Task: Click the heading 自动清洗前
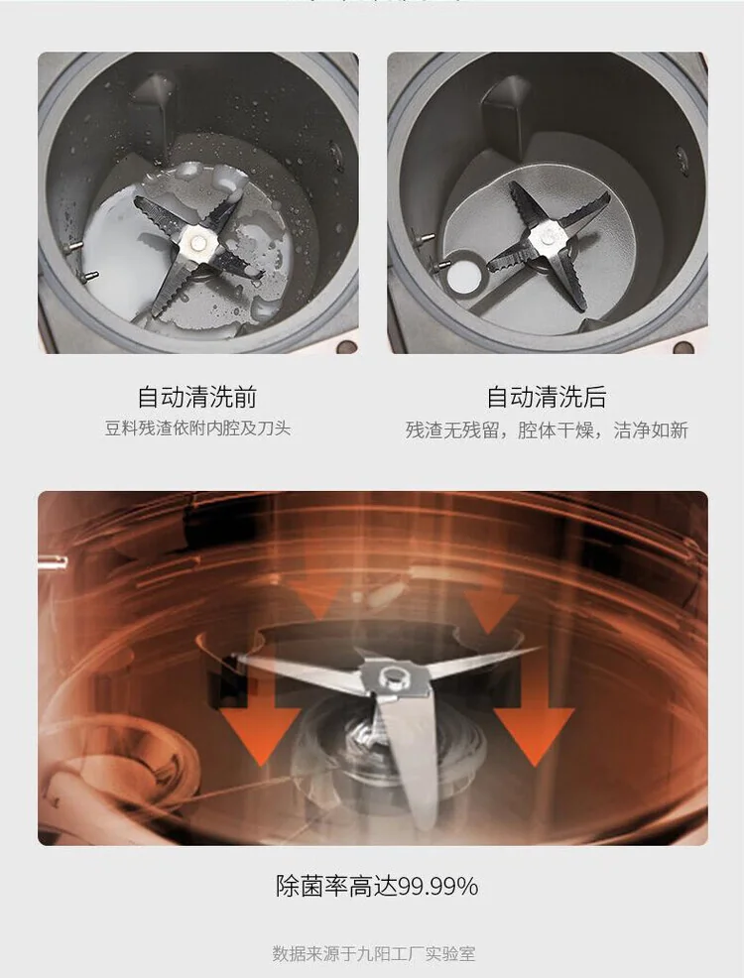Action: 197,397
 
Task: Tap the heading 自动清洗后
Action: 547,397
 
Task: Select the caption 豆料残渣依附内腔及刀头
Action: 197,429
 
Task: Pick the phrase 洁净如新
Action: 651,430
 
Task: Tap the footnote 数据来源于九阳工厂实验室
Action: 374,953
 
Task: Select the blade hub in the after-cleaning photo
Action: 547,236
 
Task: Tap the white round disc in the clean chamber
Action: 462,272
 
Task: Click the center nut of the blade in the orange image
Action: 392,674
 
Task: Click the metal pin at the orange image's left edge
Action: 53,562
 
